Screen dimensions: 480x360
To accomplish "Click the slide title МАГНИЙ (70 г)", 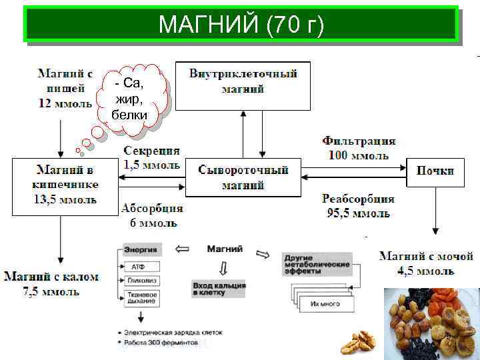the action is [241, 25].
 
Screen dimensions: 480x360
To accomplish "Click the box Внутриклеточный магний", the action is [243, 81].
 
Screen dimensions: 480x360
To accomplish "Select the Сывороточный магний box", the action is [243, 177].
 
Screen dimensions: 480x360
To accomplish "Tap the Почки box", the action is [435, 171].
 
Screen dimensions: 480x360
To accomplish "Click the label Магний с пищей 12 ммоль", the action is [65, 87].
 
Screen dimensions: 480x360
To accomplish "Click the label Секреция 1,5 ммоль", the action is [151, 157].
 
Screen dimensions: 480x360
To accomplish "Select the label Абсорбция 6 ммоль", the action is [151, 215].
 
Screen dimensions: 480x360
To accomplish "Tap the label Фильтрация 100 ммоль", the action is [359, 148].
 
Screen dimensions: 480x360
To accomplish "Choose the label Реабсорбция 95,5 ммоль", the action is [358, 206].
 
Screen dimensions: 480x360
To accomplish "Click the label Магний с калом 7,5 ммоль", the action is [51, 283].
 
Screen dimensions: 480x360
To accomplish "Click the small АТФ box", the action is [141, 267].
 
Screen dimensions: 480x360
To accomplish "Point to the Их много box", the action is [325, 304].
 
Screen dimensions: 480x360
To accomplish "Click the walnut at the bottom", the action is [358, 343].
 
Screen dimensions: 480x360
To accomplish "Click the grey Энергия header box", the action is [141, 249].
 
